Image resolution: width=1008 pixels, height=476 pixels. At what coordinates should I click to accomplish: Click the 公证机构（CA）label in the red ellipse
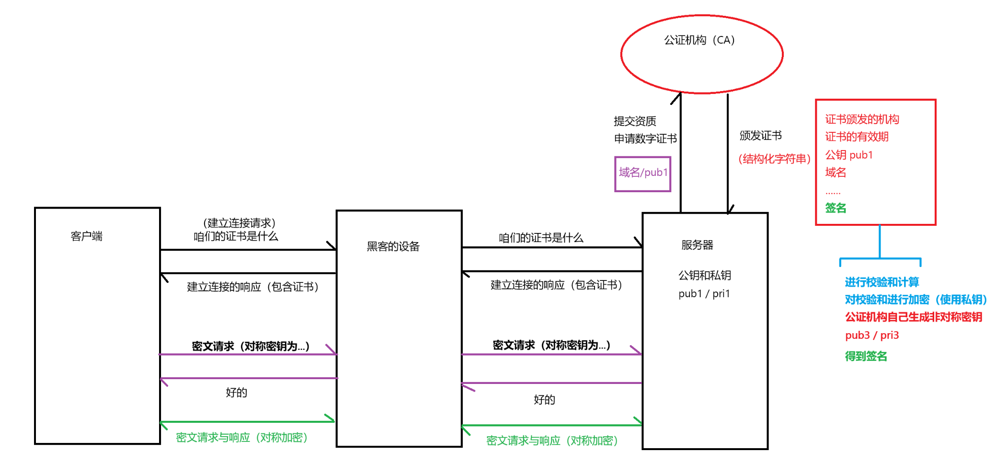699,40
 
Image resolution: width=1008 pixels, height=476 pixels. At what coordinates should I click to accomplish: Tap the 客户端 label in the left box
87,236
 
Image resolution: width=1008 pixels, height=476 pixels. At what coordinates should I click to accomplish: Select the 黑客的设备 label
393,246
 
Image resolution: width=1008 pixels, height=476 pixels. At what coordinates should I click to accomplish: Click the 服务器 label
697,245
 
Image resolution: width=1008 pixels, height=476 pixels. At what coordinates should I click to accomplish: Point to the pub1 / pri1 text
704,294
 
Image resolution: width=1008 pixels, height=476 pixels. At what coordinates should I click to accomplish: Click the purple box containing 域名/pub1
642,174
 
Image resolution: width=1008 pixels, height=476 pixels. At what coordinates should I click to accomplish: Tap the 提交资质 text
635,121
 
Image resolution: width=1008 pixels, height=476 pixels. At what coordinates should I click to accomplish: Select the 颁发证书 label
760,136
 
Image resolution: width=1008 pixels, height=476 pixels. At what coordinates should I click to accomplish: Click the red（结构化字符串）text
774,159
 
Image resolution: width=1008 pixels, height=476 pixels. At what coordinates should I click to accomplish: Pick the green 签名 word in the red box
836,208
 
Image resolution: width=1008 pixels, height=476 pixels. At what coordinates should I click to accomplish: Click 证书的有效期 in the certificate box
857,137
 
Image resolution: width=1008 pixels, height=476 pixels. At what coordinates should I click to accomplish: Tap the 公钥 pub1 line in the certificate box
849,155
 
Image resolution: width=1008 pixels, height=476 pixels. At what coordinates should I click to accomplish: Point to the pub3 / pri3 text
872,335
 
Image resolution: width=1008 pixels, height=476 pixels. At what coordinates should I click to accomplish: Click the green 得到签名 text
866,356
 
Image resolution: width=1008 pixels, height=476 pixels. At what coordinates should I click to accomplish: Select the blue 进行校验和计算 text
882,282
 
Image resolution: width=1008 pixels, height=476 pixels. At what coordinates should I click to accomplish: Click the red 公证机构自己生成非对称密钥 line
913,317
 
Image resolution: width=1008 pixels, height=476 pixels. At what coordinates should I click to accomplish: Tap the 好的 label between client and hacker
236,393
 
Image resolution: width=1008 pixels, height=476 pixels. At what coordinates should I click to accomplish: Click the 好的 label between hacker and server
544,400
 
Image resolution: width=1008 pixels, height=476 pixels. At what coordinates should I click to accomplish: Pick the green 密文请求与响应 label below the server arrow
552,441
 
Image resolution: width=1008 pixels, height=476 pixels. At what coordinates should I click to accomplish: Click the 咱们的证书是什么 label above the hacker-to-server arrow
541,238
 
